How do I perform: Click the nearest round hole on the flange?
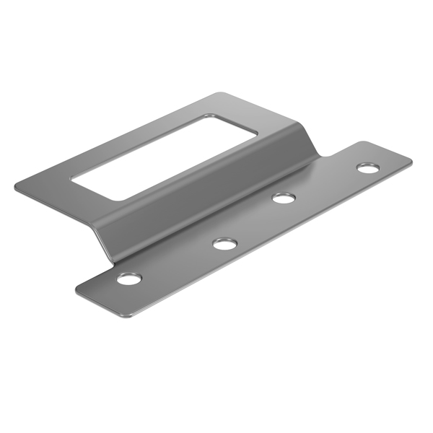(x=130, y=278)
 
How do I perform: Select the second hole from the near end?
(x=225, y=243)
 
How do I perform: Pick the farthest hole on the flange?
(x=367, y=168)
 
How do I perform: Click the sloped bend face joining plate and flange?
(x=216, y=195)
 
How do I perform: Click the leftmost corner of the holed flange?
(x=77, y=289)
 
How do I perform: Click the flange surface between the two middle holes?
(x=254, y=219)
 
